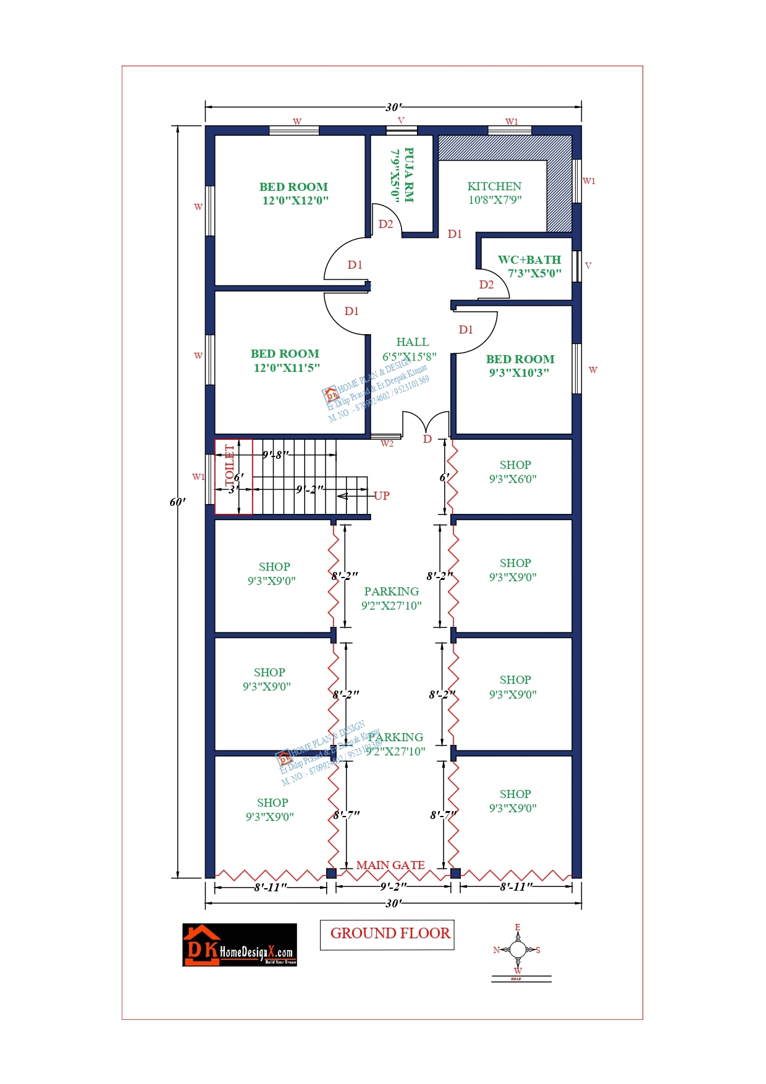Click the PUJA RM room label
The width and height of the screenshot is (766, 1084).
click(402, 174)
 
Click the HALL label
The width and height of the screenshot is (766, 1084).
click(412, 342)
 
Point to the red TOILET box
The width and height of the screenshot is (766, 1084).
click(233, 476)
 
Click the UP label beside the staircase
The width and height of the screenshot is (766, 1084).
click(382, 495)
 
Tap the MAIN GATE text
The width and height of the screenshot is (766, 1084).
click(390, 865)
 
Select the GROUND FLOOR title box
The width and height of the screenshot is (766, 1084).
click(387, 934)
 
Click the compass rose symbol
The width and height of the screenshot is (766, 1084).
click(517, 950)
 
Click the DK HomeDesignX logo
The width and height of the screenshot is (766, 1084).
click(240, 945)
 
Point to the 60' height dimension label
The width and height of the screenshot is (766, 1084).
click(177, 502)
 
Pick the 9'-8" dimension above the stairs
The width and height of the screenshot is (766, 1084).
click(276, 455)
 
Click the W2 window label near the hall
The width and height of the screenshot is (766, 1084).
click(387, 443)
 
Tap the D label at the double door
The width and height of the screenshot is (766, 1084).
click(427, 439)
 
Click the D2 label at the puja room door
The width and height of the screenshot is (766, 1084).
click(386, 224)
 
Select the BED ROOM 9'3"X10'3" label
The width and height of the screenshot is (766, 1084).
click(520, 366)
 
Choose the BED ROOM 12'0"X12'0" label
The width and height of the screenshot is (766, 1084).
click(294, 193)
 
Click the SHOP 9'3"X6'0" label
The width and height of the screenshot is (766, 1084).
click(514, 471)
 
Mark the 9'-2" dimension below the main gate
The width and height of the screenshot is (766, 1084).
click(394, 887)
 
